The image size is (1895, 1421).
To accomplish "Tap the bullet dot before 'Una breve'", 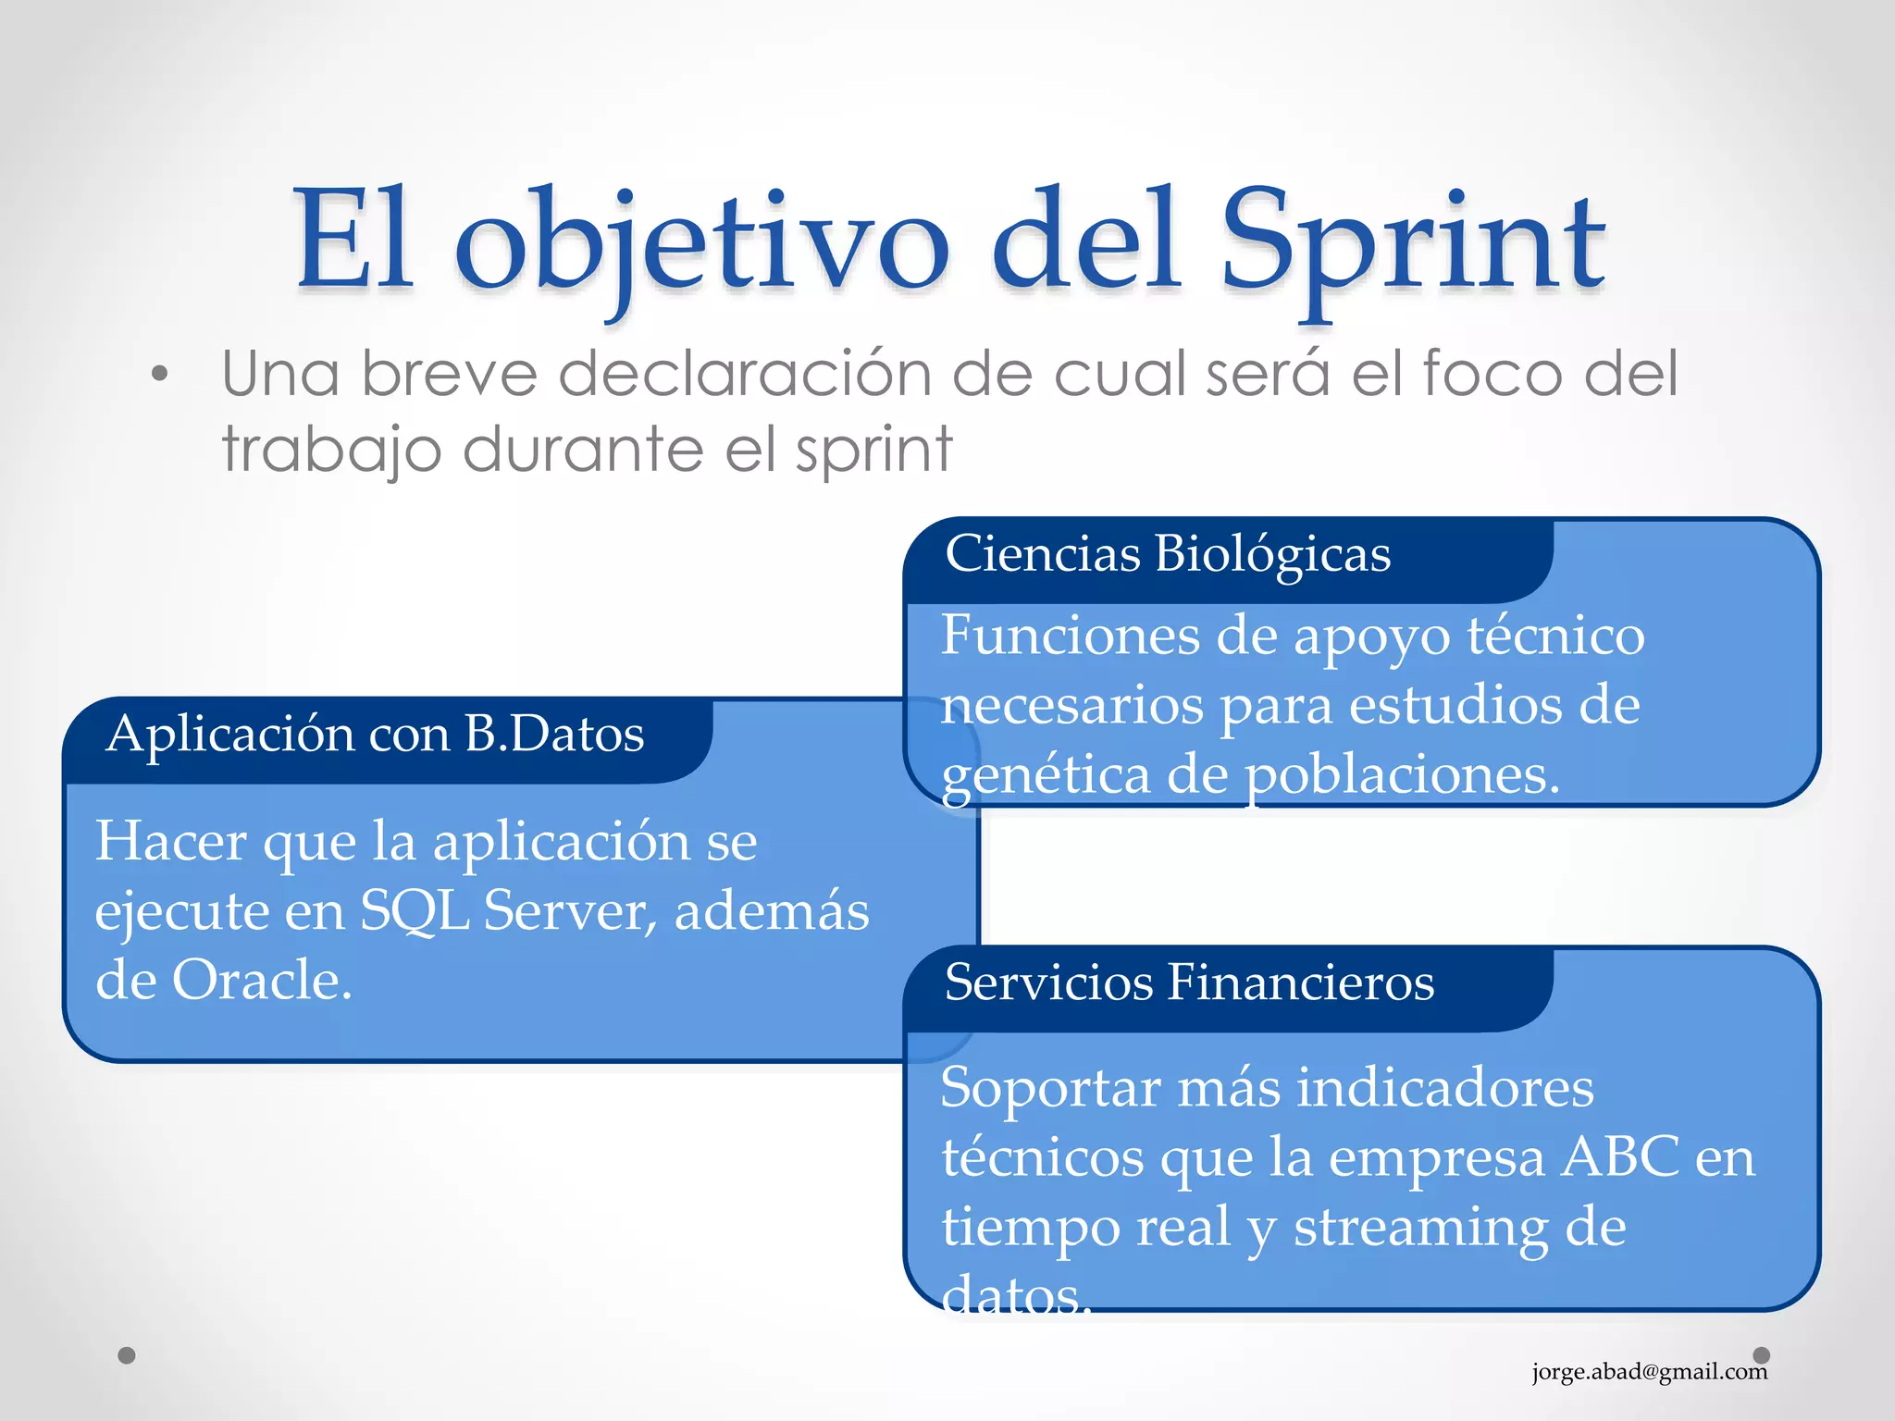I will [160, 375].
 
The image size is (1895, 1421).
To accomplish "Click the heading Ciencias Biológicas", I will [1168, 554].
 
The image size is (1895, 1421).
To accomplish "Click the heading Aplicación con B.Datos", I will [375, 735].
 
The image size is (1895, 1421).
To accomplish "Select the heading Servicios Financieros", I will [1189, 982].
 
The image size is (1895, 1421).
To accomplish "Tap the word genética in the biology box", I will [1045, 775].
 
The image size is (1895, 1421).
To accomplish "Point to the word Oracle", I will [262, 980].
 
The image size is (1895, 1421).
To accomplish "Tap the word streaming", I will [1420, 1228].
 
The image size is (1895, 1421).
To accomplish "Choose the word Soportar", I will [1050, 1087].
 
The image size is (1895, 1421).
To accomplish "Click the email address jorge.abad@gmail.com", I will [1649, 1371].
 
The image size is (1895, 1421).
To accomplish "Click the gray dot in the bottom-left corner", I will [128, 1355].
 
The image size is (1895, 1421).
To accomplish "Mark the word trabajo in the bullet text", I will [331, 451].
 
